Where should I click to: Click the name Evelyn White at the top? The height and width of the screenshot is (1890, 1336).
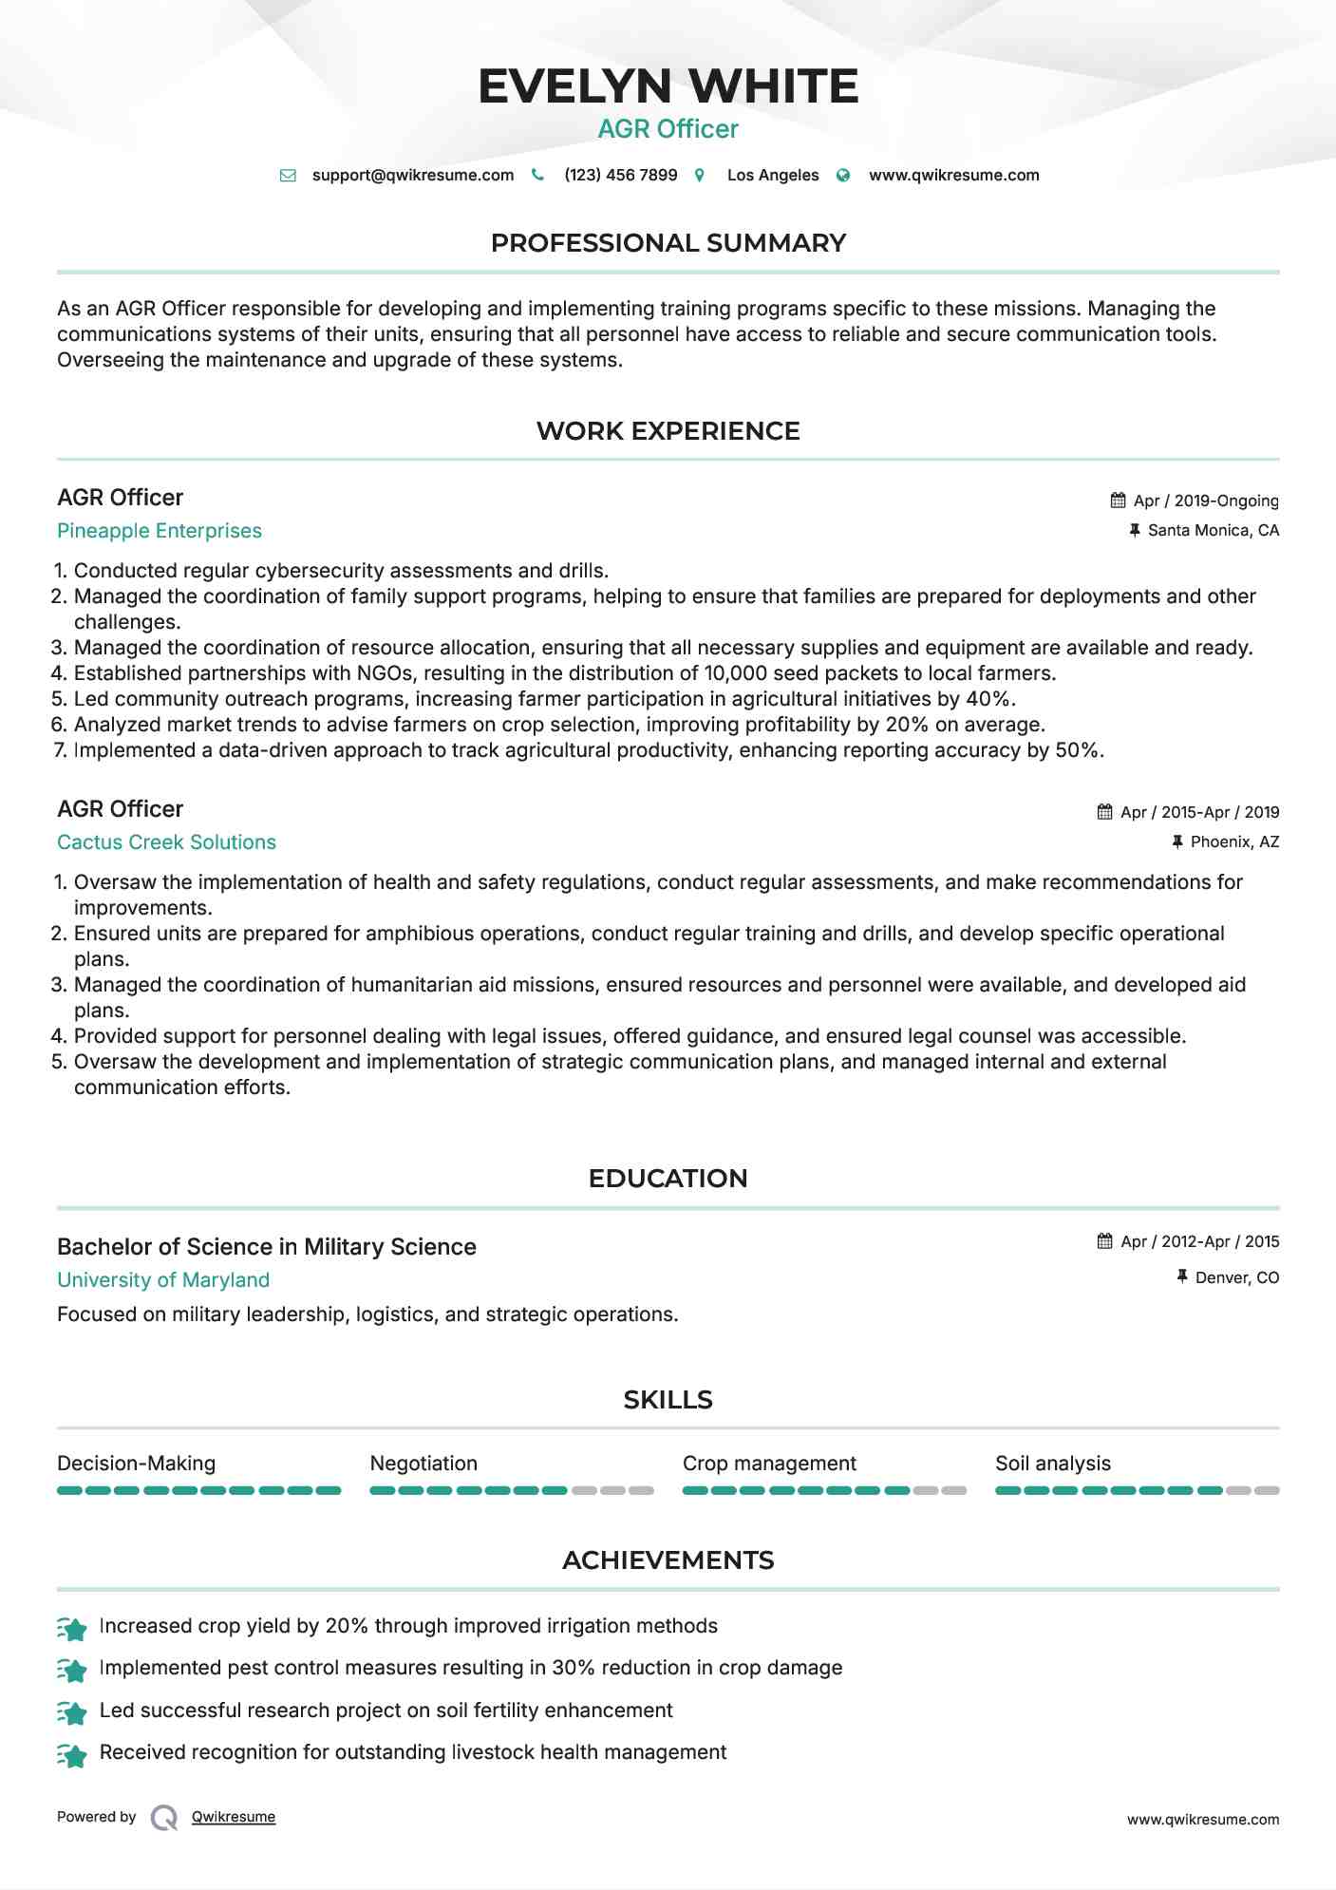pyautogui.click(x=668, y=86)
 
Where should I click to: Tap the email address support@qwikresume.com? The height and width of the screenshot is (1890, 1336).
pyautogui.click(x=412, y=176)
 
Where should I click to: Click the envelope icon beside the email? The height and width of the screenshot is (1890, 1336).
pyautogui.click(x=288, y=176)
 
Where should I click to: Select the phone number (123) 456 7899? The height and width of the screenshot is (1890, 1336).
pyautogui.click(x=620, y=176)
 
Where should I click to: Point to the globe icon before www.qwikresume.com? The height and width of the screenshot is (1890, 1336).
pyautogui.click(x=843, y=176)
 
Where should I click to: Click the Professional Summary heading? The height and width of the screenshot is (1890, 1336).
pyautogui.click(x=668, y=243)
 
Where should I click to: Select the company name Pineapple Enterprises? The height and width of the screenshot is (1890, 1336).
pyautogui.click(x=160, y=531)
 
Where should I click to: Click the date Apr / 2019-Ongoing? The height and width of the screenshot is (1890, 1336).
pyautogui.click(x=1206, y=501)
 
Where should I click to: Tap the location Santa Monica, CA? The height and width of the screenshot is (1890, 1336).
pyautogui.click(x=1213, y=530)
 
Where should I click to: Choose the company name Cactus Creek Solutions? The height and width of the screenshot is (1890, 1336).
pyautogui.click(x=166, y=842)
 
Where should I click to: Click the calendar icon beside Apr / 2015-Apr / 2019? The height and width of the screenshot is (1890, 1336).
pyautogui.click(x=1104, y=812)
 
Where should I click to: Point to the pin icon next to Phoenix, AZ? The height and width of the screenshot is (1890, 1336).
pyautogui.click(x=1177, y=841)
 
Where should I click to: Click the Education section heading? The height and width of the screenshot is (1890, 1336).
pyautogui.click(x=668, y=1179)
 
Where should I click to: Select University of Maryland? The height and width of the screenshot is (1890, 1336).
pyautogui.click(x=163, y=1280)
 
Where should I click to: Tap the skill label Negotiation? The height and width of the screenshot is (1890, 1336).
pyautogui.click(x=423, y=1464)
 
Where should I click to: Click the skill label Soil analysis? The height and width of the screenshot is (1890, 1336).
pyautogui.click(x=1052, y=1464)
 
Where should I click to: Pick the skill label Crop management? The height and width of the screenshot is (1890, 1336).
pyautogui.click(x=769, y=1464)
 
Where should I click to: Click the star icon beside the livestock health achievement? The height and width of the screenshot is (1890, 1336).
pyautogui.click(x=72, y=1754)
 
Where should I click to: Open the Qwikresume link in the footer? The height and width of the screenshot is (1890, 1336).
pyautogui.click(x=234, y=1817)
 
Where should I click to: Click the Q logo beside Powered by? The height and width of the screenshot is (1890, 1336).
pyautogui.click(x=164, y=1818)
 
